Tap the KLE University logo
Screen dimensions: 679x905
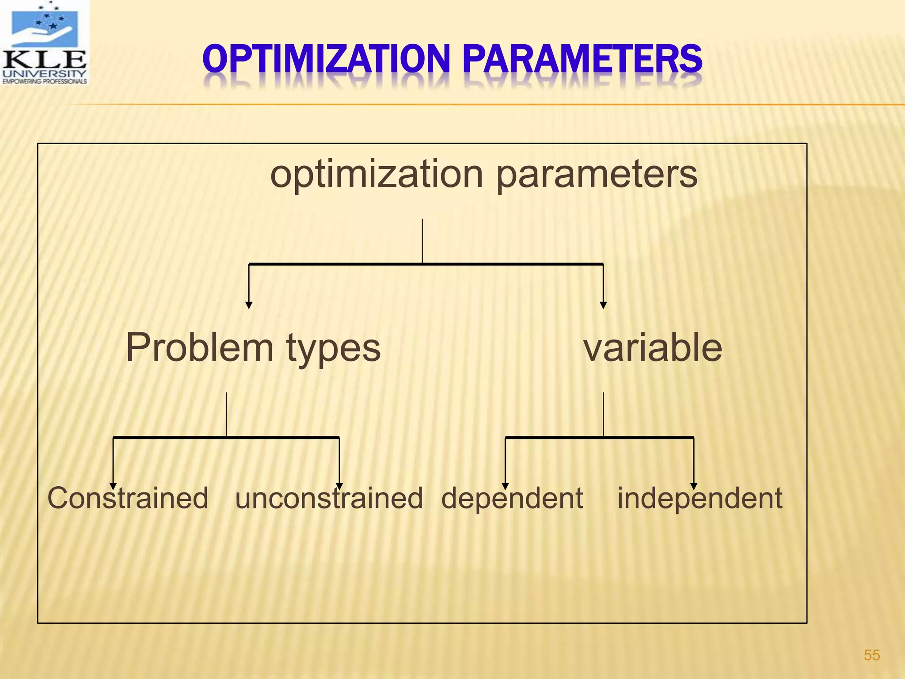(x=44, y=42)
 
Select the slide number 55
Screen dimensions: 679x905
(x=871, y=655)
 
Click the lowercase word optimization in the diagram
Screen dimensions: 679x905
(x=376, y=174)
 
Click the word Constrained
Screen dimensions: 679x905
(x=128, y=498)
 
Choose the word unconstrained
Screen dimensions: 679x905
(x=329, y=498)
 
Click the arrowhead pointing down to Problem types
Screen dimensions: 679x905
(x=249, y=305)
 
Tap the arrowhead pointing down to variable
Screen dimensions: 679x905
(x=603, y=305)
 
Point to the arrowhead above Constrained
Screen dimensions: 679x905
(x=113, y=486)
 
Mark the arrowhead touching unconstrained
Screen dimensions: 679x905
(x=339, y=486)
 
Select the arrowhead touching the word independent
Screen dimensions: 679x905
(x=694, y=486)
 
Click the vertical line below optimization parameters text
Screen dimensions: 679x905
(x=422, y=241)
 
